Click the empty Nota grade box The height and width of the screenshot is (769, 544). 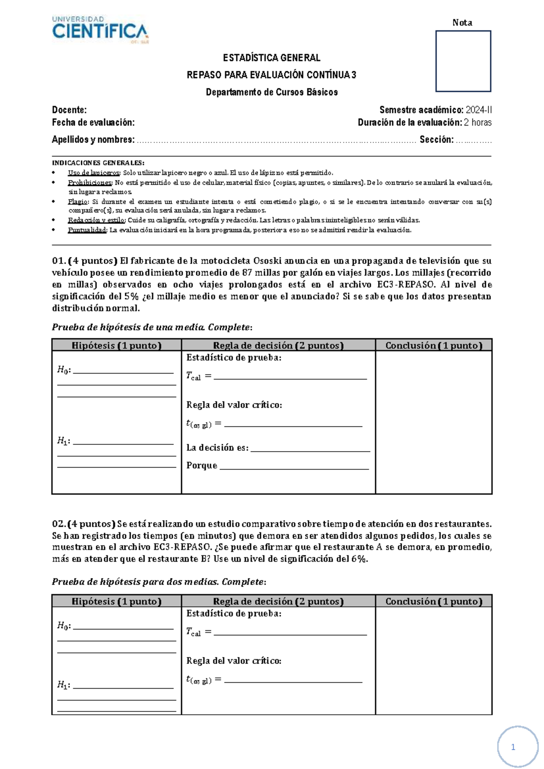[x=463, y=61]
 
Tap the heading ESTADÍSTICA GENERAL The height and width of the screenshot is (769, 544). [x=272, y=58]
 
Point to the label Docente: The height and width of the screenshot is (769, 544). [x=69, y=110]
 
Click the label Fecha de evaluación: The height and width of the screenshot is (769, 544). [x=93, y=122]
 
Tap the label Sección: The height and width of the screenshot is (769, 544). [x=436, y=140]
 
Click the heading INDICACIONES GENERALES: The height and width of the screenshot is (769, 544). [x=98, y=163]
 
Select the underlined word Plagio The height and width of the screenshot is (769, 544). [x=78, y=202]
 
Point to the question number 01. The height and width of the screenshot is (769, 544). [x=59, y=261]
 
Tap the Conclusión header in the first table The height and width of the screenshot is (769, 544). [x=434, y=346]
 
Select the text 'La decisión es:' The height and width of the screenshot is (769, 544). [x=217, y=448]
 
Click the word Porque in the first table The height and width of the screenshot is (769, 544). [x=202, y=466]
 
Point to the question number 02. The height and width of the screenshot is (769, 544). [x=59, y=524]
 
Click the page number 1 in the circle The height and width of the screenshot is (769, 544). [x=513, y=747]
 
